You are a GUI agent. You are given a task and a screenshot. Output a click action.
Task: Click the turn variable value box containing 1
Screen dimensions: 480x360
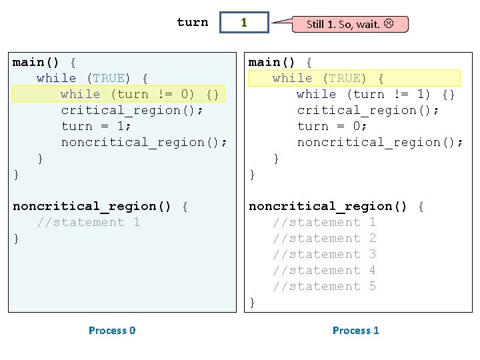coord(244,23)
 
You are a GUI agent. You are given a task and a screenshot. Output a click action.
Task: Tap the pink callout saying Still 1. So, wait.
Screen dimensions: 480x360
coord(350,24)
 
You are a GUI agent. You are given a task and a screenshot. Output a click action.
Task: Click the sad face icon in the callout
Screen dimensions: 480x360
coord(389,23)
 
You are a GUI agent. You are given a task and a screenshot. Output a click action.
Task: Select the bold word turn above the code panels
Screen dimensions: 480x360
coord(193,22)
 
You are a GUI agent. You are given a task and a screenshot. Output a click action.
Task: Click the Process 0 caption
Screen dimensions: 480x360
coord(112,330)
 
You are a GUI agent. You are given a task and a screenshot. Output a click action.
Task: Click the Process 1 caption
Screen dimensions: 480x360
coord(356,330)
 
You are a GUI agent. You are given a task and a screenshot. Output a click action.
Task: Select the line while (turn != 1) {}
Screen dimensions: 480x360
coord(375,94)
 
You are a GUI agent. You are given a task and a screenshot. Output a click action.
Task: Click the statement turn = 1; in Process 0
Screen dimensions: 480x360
coord(96,126)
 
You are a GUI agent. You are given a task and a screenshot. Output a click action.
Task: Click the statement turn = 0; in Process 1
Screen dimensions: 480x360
coord(332,126)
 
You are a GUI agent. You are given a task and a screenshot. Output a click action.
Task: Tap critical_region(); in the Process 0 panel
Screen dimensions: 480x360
coord(132,110)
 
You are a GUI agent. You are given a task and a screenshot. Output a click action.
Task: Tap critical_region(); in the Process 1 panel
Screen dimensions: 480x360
coord(368,110)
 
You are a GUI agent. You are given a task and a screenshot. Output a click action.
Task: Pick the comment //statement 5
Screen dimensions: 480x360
coord(325,286)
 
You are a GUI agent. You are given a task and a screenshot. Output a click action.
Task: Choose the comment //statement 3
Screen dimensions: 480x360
coord(325,254)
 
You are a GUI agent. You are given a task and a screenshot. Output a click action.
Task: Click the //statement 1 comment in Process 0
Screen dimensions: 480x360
coord(89,222)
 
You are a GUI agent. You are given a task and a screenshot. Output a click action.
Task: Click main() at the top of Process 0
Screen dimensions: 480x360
coord(35,63)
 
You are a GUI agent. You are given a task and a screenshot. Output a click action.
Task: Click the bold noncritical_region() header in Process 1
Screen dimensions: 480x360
coord(327,206)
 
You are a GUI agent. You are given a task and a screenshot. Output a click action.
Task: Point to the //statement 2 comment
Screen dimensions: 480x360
coord(325,238)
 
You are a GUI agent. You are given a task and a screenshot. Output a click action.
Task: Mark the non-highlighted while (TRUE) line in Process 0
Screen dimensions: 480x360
coord(92,79)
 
